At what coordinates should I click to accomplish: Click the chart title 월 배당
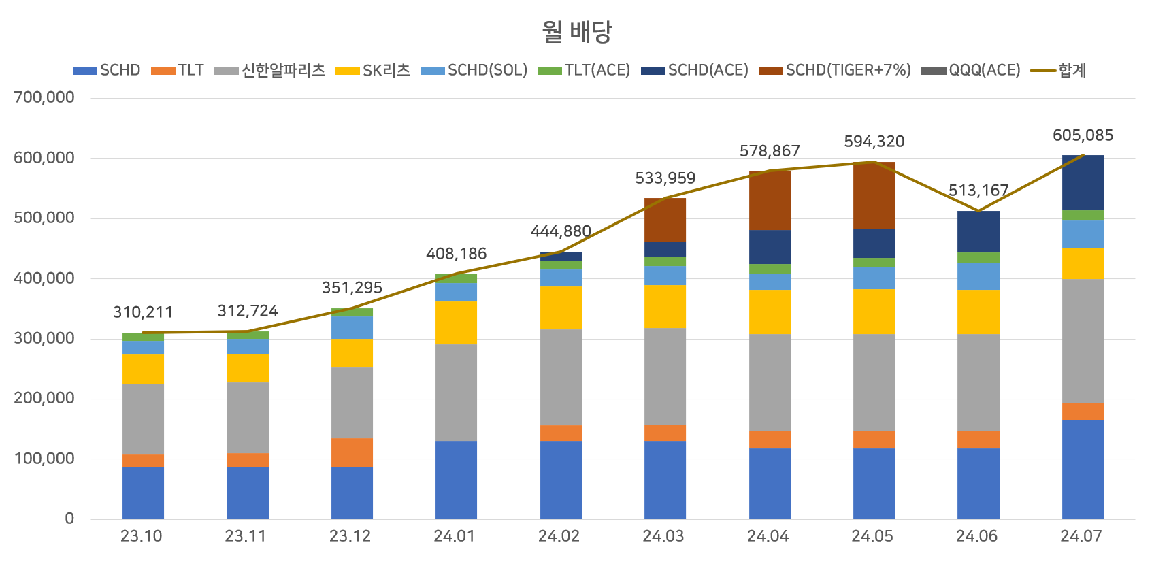(x=577, y=31)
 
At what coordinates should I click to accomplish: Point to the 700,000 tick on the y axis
(x=44, y=97)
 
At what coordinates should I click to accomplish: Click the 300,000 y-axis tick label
(x=44, y=338)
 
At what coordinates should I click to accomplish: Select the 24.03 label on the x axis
(x=663, y=536)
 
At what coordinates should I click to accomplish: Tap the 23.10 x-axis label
(x=142, y=536)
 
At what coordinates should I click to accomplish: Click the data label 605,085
(x=1083, y=135)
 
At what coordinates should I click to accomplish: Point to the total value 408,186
(x=456, y=254)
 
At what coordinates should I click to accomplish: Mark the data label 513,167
(x=978, y=191)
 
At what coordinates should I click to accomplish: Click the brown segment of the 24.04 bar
(x=770, y=200)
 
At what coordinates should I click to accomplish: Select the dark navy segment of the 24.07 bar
(x=1083, y=182)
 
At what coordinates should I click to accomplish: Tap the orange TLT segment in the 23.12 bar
(x=352, y=452)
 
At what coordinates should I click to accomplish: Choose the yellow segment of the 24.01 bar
(x=456, y=323)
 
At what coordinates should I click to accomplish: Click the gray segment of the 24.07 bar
(x=1083, y=340)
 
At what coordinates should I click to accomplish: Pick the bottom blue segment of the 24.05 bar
(x=874, y=483)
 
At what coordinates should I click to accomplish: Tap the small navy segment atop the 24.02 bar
(x=561, y=257)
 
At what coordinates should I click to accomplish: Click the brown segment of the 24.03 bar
(x=665, y=220)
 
